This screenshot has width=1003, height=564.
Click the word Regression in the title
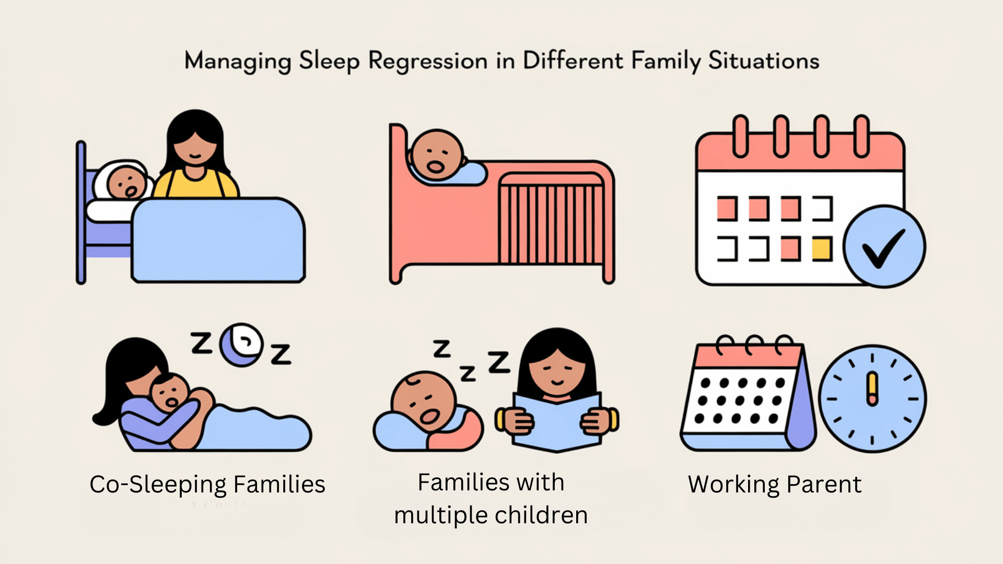(x=428, y=62)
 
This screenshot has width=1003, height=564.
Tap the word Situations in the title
(x=764, y=61)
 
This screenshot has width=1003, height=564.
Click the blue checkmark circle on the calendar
(x=884, y=246)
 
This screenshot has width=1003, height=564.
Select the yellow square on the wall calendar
(x=822, y=249)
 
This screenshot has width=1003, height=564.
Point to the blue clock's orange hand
(x=872, y=389)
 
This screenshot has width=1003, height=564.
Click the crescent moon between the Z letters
(x=241, y=345)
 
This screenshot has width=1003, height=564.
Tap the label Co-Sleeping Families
(x=207, y=485)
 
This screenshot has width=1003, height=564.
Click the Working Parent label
(x=775, y=485)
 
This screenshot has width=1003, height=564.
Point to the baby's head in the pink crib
(x=436, y=155)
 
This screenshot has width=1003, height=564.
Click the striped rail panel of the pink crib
(x=552, y=219)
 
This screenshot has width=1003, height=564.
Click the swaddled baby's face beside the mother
(x=126, y=183)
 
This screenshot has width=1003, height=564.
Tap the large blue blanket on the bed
(x=218, y=240)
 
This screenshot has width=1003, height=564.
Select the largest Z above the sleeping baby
(x=499, y=362)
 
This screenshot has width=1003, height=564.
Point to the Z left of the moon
(x=201, y=343)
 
